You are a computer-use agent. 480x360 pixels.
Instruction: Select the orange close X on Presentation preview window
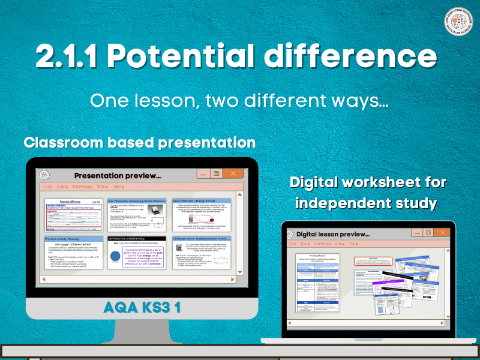click(233, 173)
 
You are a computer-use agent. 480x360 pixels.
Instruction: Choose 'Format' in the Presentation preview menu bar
click(82, 187)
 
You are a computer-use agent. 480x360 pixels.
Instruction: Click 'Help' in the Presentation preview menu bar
click(119, 187)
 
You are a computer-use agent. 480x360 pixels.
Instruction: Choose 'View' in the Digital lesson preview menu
click(340, 244)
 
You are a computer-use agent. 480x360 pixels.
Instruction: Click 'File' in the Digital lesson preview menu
click(293, 244)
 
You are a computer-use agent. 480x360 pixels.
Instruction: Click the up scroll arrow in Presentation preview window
click(239, 194)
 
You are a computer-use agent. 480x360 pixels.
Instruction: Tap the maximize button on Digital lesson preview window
click(428, 232)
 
